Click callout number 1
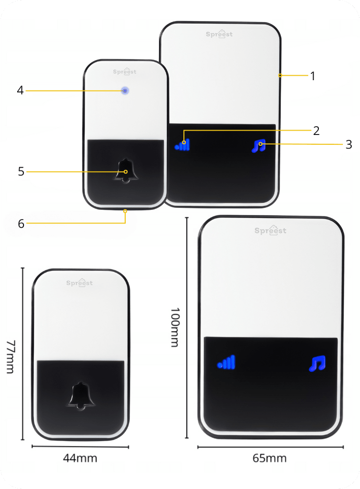click(313, 76)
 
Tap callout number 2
click(316, 131)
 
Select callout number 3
click(349, 144)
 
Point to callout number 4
click(20, 90)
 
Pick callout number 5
click(21, 172)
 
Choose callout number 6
click(21, 223)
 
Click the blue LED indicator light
click(125, 91)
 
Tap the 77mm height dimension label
click(10, 357)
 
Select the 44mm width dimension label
click(80, 458)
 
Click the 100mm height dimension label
click(175, 328)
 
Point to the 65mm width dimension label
click(270, 458)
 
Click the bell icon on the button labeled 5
click(126, 171)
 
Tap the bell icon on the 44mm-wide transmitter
click(81, 396)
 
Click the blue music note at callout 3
click(259, 146)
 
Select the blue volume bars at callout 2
click(182, 145)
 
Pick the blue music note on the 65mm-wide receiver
click(317, 363)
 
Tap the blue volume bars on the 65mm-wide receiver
click(226, 362)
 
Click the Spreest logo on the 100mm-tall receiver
click(270, 230)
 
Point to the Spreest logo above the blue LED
click(125, 71)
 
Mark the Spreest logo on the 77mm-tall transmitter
click(80, 283)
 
